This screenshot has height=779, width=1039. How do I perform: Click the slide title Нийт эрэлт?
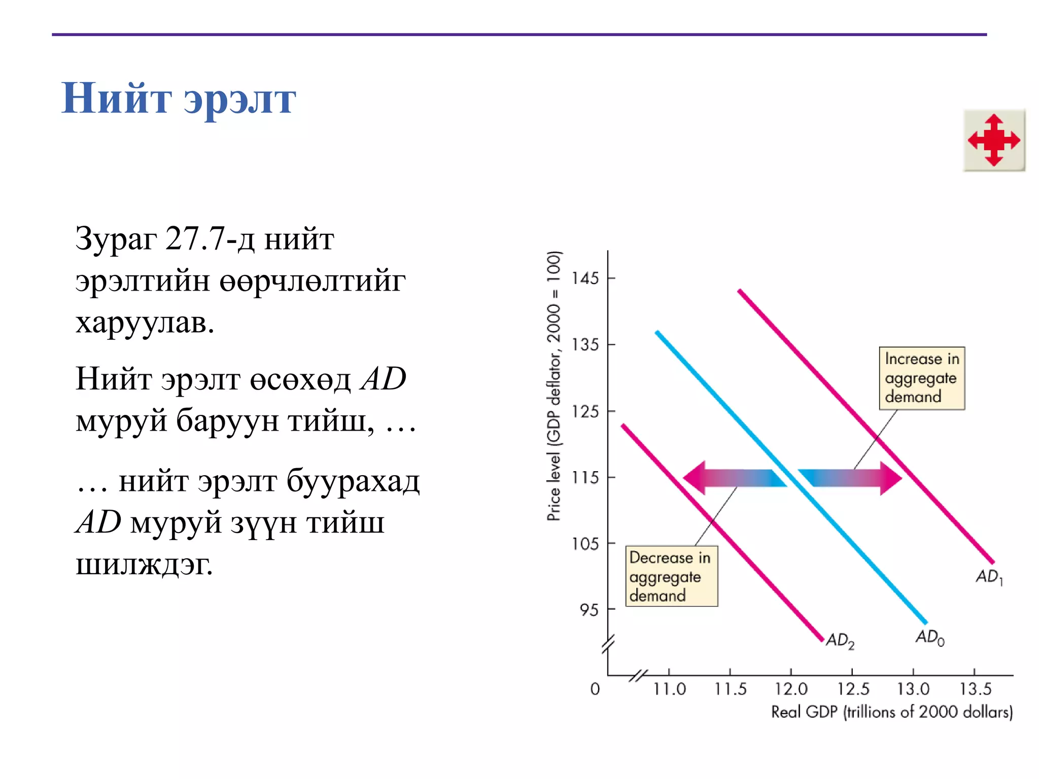coord(179,98)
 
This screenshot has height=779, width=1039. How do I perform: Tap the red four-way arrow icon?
coord(994,140)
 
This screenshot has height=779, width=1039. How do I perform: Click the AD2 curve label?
coord(840,640)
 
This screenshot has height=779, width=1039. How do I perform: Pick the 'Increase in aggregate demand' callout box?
coord(921,378)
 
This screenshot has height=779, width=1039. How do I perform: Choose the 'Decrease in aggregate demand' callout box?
coord(671,576)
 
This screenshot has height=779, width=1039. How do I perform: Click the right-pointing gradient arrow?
coord(850,478)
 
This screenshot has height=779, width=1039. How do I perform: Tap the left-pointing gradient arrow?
coord(735,478)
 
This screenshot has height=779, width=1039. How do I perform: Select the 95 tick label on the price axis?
coord(590,610)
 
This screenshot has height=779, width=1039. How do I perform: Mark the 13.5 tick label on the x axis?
coord(975,689)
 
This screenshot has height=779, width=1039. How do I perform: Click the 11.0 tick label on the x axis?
coord(669,689)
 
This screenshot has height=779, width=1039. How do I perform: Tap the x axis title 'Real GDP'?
coord(891,712)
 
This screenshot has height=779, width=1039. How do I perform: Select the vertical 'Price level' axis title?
coord(554,385)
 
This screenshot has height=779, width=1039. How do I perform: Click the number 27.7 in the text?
coord(195,238)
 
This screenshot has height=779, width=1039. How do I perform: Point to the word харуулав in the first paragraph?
coord(145,322)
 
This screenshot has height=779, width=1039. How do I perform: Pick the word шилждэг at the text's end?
coord(144,564)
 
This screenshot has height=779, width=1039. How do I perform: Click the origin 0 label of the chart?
coord(595,689)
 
